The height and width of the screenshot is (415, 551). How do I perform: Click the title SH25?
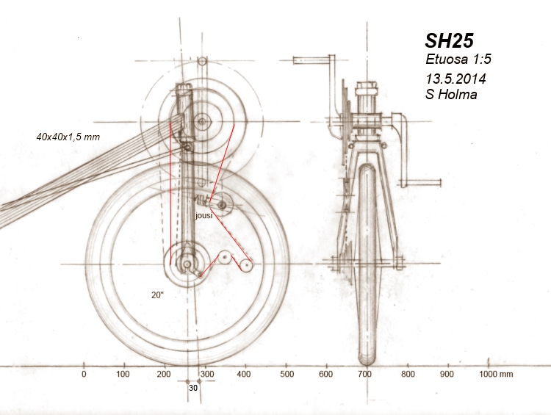pos(450,41)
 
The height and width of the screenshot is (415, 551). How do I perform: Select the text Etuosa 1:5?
pos(453,60)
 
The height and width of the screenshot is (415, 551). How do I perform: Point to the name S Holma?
pos(451,94)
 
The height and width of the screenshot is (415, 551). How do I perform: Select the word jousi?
pos(204,217)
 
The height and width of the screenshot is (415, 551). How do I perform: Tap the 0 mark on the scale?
pos(84,374)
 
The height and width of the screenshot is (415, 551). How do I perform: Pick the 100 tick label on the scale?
pos(123,374)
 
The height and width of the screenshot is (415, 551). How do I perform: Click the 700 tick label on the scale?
pos(365,374)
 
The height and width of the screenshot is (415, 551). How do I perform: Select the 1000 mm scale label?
pos(496,374)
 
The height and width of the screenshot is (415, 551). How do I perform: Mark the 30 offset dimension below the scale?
pos(192,387)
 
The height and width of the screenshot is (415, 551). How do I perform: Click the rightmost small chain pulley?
pos(247,264)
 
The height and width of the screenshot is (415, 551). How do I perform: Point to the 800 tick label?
pos(406,374)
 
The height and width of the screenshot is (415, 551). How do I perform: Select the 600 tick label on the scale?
pos(325,374)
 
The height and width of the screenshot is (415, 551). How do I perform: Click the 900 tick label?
pos(447,374)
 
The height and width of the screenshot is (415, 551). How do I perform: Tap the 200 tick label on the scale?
pos(164,374)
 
